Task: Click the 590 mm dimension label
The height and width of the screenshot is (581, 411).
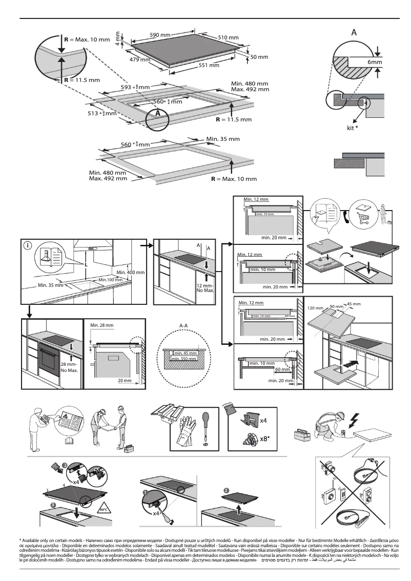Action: [x=159, y=35]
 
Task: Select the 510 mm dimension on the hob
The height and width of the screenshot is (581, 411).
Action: [x=229, y=38]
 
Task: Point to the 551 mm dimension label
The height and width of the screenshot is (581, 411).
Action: [x=209, y=66]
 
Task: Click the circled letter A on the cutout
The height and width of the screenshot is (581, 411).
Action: [x=158, y=112]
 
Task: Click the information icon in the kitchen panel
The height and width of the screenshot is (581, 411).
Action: [x=28, y=245]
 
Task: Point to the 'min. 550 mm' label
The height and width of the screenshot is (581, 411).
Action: [x=184, y=359]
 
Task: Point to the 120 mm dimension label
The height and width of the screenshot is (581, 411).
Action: [x=315, y=308]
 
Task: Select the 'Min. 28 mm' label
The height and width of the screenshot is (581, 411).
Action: [x=101, y=325]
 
